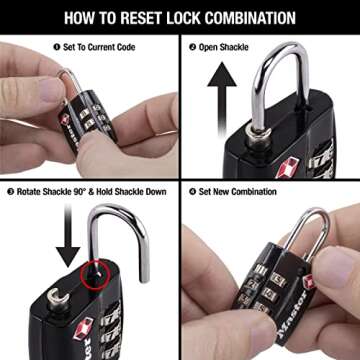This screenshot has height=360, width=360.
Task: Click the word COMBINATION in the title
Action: pos(249,17)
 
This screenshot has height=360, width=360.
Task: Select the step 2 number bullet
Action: pos(192,46)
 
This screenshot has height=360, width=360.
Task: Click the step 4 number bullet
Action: pos(192,192)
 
